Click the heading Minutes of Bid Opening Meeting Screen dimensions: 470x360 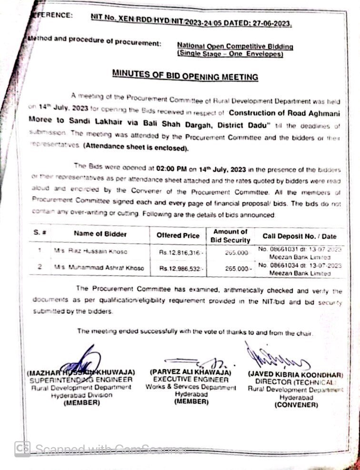(x=185, y=76)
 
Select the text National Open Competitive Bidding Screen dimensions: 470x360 (x=235, y=46)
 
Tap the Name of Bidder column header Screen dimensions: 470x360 (x=100, y=234)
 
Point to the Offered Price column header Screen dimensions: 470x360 (x=178, y=235)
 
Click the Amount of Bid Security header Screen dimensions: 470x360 (x=230, y=235)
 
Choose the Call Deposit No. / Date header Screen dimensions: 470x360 (x=299, y=236)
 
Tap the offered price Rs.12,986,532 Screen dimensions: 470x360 (x=181, y=269)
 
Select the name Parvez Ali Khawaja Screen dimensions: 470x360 (x=190, y=372)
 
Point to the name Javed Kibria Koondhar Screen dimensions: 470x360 (x=295, y=374)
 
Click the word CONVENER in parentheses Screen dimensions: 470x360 (x=296, y=405)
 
